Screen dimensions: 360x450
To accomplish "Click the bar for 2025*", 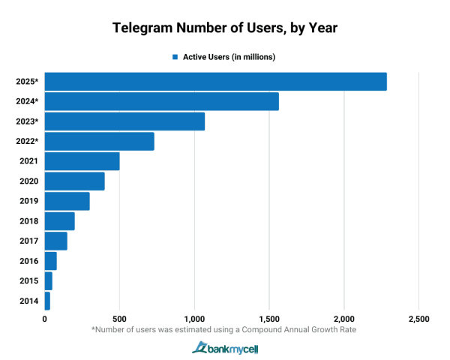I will tap(215, 82).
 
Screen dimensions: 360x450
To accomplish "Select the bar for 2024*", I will tap(161, 101).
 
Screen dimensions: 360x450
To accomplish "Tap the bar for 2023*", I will tap(124, 121).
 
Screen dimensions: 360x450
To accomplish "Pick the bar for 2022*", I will tap(99, 141).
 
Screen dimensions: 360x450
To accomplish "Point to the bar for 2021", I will tap(82, 161).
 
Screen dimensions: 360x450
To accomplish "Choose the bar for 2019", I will tap(67, 201).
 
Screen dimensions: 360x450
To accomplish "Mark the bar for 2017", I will tap(55, 241).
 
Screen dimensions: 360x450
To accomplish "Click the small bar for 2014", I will tap(47, 301).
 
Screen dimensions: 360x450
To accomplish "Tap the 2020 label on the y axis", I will tap(27, 181).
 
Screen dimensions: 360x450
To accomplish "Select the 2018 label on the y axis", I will tap(27, 221).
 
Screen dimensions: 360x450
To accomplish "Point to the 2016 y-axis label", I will tap(27, 261).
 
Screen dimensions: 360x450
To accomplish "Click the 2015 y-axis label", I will tap(27, 281).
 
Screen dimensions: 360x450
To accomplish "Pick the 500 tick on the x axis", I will tap(119, 319).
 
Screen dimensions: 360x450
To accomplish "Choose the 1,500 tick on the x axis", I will tap(269, 319).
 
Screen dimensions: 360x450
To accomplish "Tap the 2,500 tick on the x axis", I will tap(418, 319).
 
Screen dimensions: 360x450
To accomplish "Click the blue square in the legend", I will tap(175, 57).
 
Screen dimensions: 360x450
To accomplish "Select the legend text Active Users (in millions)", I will tap(229, 57).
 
